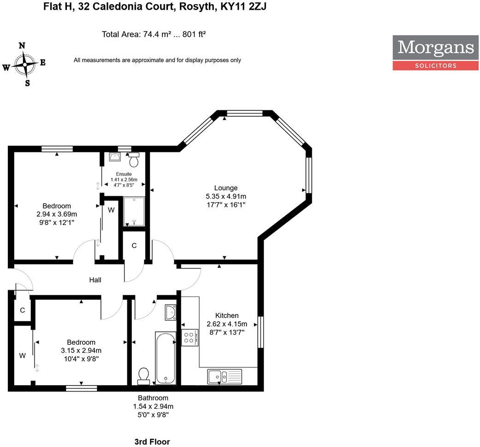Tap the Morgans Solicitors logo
(x=435, y=53)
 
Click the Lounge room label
(x=225, y=188)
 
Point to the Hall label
(x=95, y=280)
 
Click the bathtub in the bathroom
(x=166, y=357)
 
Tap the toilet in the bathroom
(x=143, y=376)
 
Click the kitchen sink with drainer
(x=225, y=376)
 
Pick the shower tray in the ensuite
(x=134, y=211)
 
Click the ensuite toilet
(x=134, y=160)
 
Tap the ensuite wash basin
(x=115, y=157)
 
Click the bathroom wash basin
(x=170, y=312)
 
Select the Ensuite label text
(x=124, y=174)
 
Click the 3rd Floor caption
(x=152, y=442)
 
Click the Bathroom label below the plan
(x=153, y=398)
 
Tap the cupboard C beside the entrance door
(x=22, y=310)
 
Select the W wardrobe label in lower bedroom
(x=22, y=356)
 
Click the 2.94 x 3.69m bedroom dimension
(x=57, y=214)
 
